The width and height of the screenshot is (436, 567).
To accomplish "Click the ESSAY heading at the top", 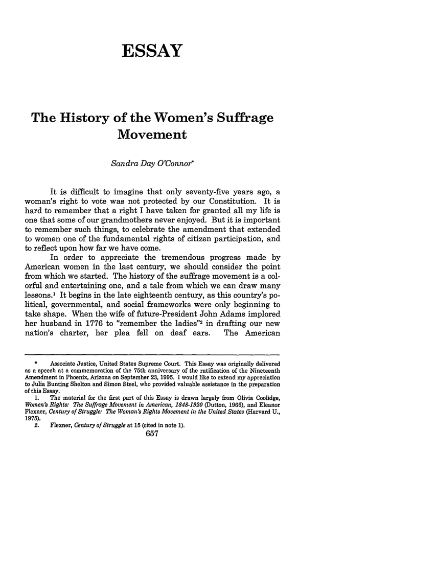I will click(152, 51).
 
